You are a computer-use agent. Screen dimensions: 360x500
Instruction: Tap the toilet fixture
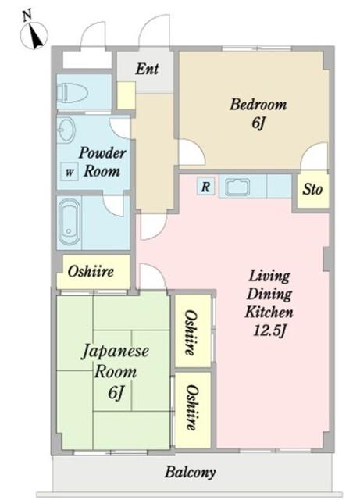[x=72, y=93]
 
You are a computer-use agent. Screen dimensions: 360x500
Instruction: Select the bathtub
[x=70, y=222]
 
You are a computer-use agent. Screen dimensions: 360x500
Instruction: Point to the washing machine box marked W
[x=70, y=172]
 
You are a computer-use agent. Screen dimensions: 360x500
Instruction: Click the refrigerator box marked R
[x=205, y=186]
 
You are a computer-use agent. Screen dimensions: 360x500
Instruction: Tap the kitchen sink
[x=237, y=187]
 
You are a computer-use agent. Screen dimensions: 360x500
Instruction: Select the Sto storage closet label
[x=312, y=189]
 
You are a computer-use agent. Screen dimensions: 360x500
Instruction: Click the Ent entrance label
[x=147, y=69]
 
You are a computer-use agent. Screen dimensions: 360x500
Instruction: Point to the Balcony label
[x=190, y=472]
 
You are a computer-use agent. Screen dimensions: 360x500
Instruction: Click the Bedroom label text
[x=258, y=104]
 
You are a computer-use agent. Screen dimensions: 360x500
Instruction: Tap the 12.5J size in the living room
[x=269, y=330]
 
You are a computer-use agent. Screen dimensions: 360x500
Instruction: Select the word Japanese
[x=115, y=352]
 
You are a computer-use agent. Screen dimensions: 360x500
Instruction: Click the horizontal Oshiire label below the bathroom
[x=91, y=271]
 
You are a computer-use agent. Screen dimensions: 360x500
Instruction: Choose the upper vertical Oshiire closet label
[x=191, y=333]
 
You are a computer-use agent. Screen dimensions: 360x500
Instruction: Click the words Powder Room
[x=102, y=162]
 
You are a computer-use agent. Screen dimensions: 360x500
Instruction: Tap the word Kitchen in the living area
[x=269, y=312]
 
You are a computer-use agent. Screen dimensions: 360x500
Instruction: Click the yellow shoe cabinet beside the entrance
[x=126, y=95]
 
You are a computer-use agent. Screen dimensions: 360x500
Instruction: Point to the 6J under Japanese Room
[x=115, y=392]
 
